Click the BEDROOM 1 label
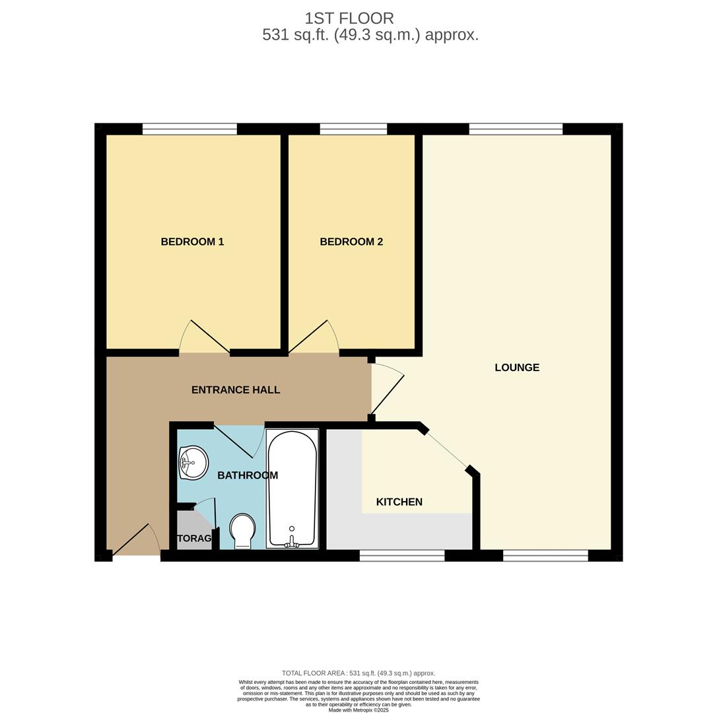[192, 242]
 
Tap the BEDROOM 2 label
[351, 242]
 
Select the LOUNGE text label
[517, 368]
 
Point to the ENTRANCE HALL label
[236, 390]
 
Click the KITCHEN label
[399, 502]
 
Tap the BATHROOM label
[248, 475]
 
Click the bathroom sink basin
[193, 462]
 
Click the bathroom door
[234, 441]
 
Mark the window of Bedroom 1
[189, 129]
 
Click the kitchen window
[401, 557]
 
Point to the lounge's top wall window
[516, 129]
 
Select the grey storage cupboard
[193, 531]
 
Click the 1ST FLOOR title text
[349, 18]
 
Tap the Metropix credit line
[358, 710]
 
